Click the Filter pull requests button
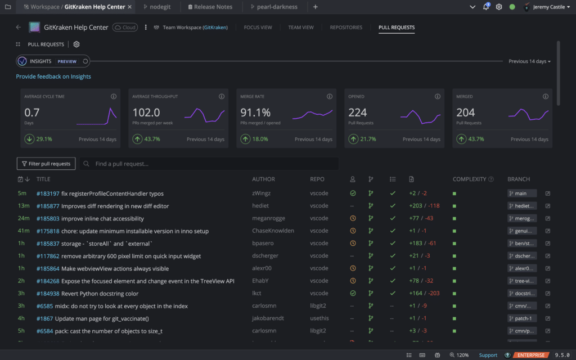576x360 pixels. (46, 164)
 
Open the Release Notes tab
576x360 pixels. (209, 7)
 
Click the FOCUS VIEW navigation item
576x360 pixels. (258, 27)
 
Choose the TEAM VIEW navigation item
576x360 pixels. (301, 27)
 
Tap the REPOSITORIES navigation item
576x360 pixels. (346, 27)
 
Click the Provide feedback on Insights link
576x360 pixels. (53, 76)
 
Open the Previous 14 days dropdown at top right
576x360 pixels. (529, 61)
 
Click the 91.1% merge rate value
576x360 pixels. (255, 112)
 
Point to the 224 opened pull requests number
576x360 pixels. (358, 112)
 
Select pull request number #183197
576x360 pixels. (48, 193)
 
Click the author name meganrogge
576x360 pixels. (269, 218)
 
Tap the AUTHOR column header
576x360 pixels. (263, 179)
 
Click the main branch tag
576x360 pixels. (521, 193)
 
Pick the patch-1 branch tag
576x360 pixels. (521, 318)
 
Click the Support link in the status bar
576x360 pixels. (488, 355)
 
